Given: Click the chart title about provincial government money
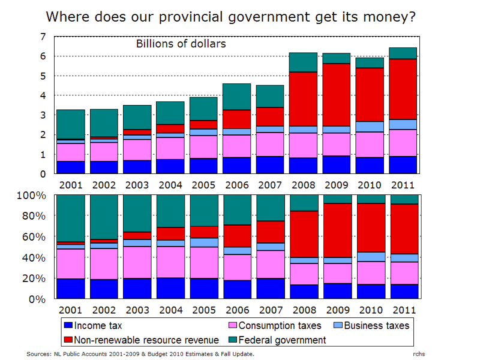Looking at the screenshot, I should click(x=231, y=16).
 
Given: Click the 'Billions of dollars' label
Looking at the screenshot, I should click(x=172, y=44).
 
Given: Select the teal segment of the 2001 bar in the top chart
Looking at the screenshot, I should click(x=71, y=124).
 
